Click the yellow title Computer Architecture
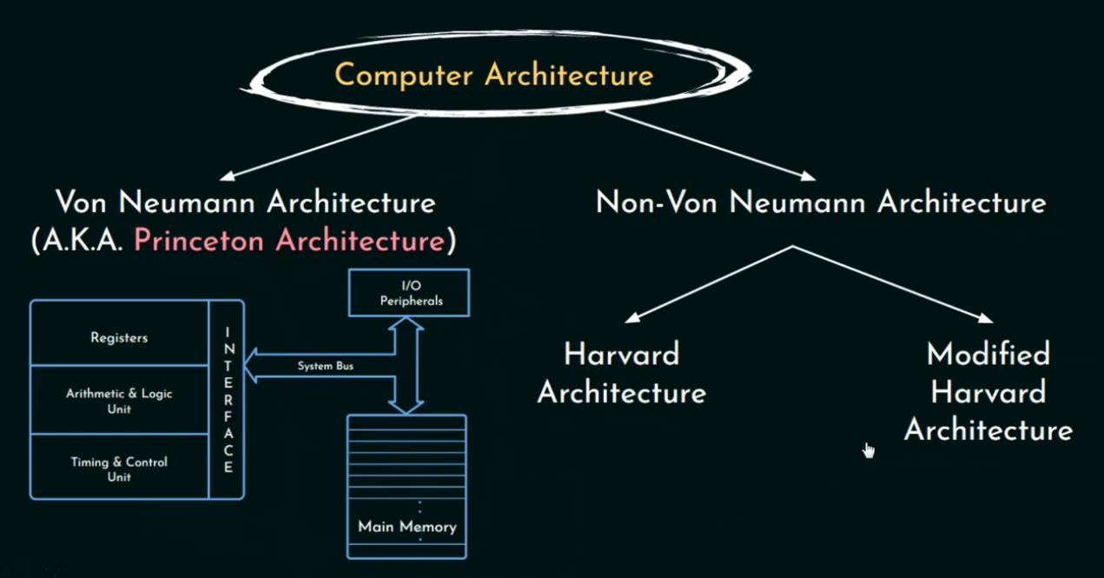[x=493, y=75]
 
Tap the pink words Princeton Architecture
[x=288, y=241]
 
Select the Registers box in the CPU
[x=119, y=337]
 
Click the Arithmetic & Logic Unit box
[x=119, y=401]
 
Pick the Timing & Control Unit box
[x=119, y=468]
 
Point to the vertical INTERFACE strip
[x=228, y=400]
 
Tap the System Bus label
[x=326, y=366]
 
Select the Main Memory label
[x=407, y=527]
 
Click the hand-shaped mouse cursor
[x=868, y=449]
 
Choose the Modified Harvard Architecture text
[x=988, y=392]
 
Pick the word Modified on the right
[x=988, y=354]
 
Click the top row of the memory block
[x=407, y=422]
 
